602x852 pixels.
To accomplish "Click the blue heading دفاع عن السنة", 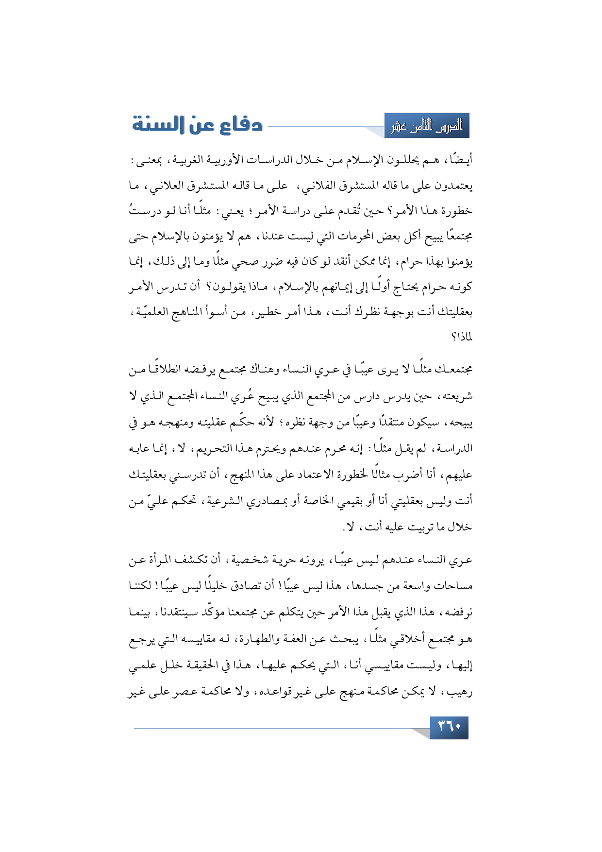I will coord(197,125).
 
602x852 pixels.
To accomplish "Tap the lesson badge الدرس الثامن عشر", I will coord(427,126).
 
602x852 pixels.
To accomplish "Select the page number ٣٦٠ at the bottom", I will coord(449,727).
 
